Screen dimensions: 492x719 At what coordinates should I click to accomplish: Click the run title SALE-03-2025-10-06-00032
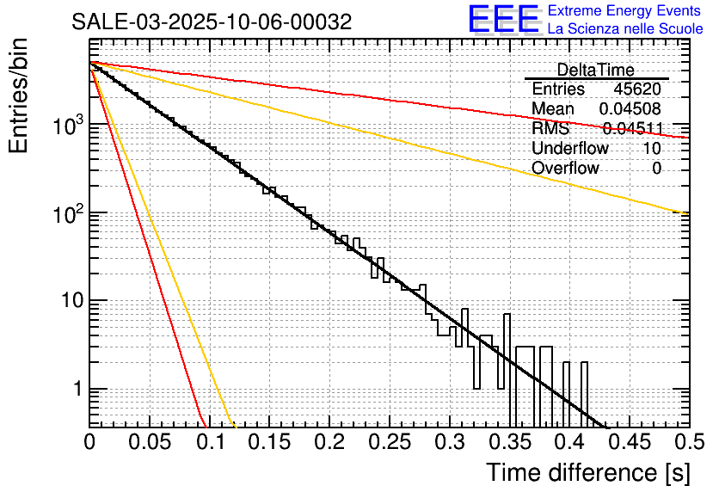click(212, 22)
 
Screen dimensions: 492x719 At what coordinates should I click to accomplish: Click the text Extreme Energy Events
click(625, 11)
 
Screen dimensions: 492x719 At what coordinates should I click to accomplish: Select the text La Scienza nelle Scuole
click(625, 29)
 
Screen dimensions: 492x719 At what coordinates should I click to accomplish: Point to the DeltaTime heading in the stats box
click(596, 70)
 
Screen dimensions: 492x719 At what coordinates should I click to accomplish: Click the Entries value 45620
click(637, 89)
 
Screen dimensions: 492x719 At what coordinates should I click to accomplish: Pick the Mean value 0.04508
click(630, 109)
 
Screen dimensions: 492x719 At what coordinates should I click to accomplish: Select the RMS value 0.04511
click(632, 129)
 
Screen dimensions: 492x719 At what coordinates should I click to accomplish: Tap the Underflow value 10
click(652, 149)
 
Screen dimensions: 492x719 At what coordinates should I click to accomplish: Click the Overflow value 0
click(656, 169)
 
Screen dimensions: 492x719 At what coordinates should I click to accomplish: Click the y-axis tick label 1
click(77, 389)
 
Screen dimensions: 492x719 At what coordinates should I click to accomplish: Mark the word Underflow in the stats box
click(570, 149)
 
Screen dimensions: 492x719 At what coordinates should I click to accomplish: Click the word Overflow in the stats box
click(565, 169)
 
